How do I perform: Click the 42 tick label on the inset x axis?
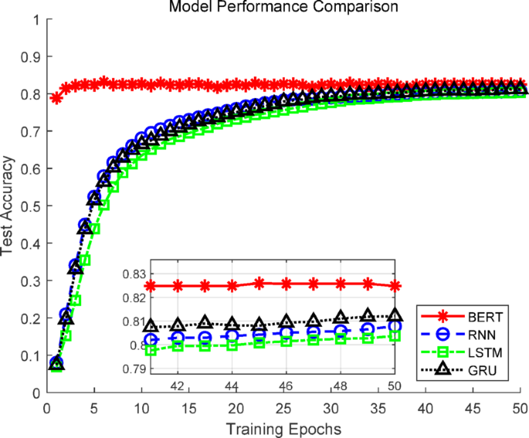click(x=177, y=385)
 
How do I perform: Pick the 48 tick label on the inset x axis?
click(x=340, y=385)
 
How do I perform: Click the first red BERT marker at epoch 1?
click(x=56, y=97)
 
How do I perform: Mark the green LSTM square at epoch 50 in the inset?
click(x=395, y=336)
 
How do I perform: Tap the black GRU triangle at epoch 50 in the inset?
click(x=395, y=315)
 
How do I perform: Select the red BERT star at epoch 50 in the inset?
click(x=395, y=286)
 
